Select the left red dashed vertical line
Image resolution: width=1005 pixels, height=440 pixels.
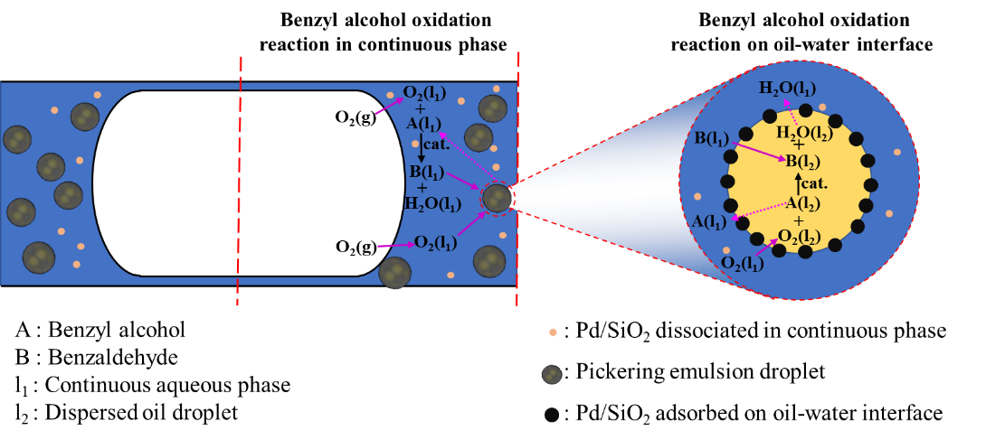(239, 181)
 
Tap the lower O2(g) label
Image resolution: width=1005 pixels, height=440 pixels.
(356, 247)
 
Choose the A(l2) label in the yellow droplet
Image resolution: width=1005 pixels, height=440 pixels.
(803, 203)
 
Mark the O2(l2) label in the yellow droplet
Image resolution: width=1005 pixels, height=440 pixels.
(801, 237)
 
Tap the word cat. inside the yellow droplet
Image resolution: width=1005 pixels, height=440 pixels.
(815, 183)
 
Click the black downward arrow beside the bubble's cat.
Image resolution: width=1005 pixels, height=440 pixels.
(421, 143)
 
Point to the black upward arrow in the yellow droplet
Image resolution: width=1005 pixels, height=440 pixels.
(797, 183)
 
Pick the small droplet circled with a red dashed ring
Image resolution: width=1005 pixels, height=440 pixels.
(497, 198)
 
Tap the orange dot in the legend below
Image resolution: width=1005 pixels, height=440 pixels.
(553, 332)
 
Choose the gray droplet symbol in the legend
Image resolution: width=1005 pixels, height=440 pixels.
(552, 374)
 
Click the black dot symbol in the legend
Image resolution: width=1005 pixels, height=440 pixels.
(552, 415)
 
